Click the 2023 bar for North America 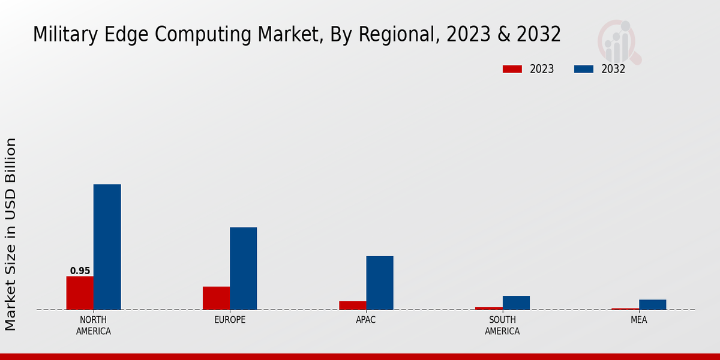point(80,293)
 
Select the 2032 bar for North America point(107,247)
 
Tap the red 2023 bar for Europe point(216,298)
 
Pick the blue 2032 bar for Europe point(243,268)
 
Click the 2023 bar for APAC point(352,305)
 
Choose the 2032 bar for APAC point(380,283)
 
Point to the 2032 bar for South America point(516,302)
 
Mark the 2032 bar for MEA point(652,304)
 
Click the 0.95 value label point(80,271)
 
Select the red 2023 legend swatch point(512,69)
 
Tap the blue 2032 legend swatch point(583,69)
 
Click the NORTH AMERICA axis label point(94,326)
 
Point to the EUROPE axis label point(230,320)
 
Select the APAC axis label point(366,320)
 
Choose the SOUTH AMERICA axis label point(502,326)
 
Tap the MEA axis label point(638,320)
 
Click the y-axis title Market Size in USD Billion point(11,234)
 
